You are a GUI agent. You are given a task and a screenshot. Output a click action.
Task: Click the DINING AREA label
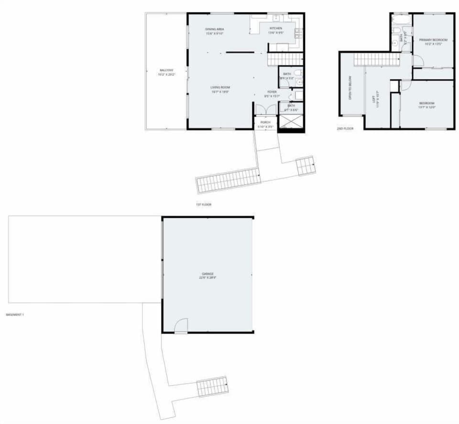point(215,29)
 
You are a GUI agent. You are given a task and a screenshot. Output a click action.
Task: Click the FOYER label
point(272,92)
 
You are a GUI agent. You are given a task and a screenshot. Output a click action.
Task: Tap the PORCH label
point(265,122)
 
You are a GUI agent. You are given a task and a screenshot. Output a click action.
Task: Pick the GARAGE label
point(208,274)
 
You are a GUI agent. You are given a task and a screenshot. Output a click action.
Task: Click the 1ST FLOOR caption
point(204,205)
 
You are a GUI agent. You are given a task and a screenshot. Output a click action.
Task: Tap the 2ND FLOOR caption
point(345,129)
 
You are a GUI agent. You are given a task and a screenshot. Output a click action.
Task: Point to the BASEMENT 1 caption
point(15,315)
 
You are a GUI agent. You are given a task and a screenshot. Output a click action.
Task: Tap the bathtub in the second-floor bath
point(401,21)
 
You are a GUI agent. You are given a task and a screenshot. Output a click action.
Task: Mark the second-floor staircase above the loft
point(376,59)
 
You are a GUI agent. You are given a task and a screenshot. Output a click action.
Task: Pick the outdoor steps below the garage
point(213,386)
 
